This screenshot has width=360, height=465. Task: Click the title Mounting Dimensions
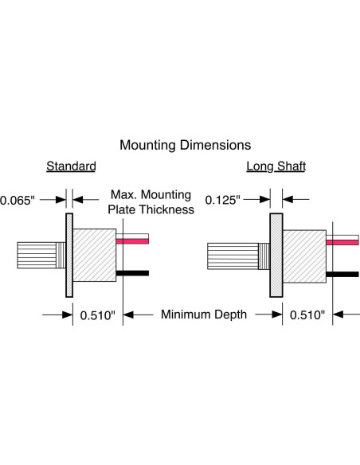(x=185, y=145)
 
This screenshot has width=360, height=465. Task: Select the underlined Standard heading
(x=71, y=166)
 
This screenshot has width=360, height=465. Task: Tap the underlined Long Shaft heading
(x=276, y=166)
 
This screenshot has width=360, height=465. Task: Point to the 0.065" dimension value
(x=18, y=201)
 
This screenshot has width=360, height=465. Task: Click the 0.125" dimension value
(x=222, y=200)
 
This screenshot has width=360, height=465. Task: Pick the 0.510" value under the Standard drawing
(x=97, y=315)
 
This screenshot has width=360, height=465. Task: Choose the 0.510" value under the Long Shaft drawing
(x=307, y=315)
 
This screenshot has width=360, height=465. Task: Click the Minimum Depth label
(x=204, y=315)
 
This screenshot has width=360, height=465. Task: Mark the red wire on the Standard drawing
(x=132, y=241)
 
